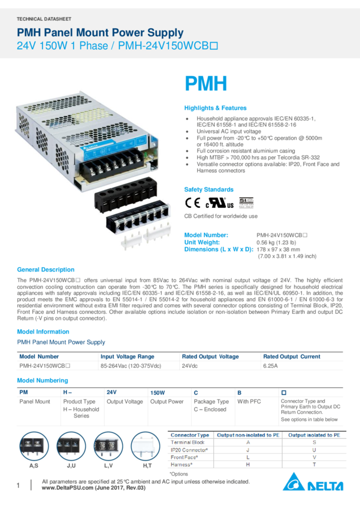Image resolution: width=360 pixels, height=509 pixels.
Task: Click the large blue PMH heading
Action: [205, 84]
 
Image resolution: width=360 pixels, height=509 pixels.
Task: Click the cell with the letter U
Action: [315, 450]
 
